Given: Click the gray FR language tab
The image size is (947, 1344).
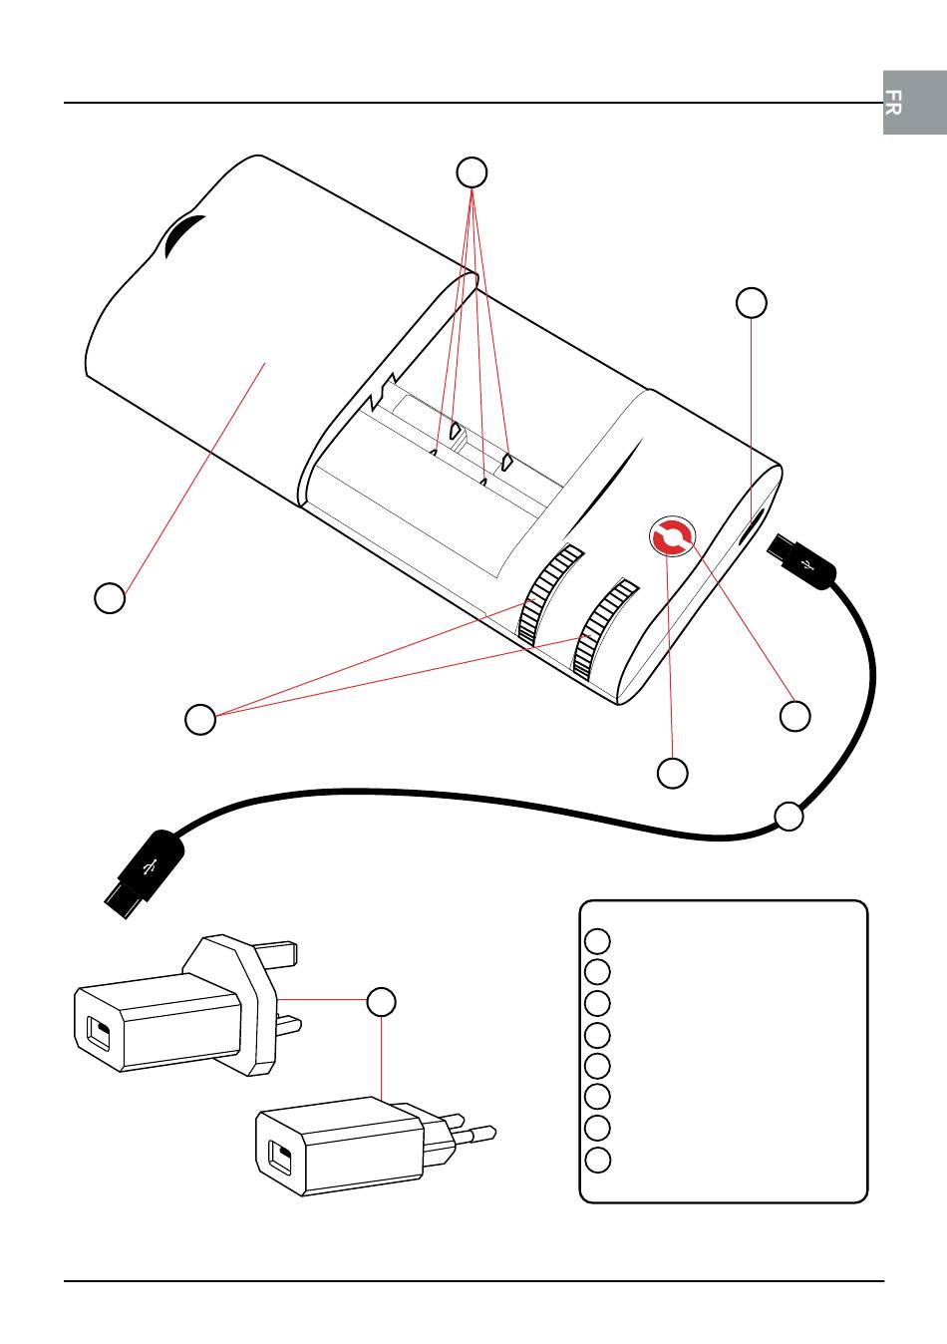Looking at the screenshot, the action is coord(915,102).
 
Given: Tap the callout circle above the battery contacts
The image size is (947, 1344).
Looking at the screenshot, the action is coord(472,172).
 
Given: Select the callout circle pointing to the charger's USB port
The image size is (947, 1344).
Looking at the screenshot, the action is coord(751,302).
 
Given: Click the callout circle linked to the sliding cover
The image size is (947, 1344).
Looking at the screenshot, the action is coord(110,597).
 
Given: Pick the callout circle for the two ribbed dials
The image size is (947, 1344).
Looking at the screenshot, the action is coord(200,719).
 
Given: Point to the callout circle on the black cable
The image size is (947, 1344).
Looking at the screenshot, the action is coord(789,816).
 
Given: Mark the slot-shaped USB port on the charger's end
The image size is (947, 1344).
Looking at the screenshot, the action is coord(751,526).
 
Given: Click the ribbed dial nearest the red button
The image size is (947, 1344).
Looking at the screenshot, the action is coord(605,629).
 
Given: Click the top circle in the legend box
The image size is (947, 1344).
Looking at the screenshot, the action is coord(597,941).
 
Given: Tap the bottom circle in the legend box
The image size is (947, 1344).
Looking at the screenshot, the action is coord(597,1161).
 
